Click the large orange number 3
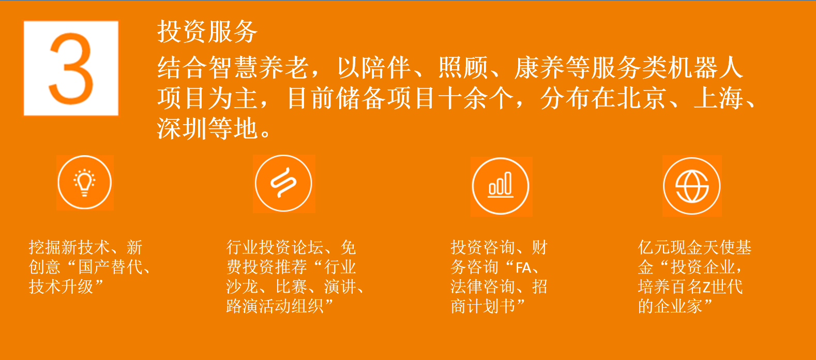[71, 68]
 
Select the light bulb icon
[84, 183]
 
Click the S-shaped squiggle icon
[283, 183]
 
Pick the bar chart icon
[501, 186]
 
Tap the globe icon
[692, 186]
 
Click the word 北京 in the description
[642, 98]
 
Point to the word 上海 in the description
[719, 98]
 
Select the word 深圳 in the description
[182, 129]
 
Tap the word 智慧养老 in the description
[233, 68]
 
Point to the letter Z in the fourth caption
[707, 287]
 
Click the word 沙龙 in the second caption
[242, 287]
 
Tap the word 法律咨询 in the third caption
[482, 287]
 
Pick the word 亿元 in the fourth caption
[654, 247]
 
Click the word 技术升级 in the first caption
[61, 287]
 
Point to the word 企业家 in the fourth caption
[678, 306]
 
